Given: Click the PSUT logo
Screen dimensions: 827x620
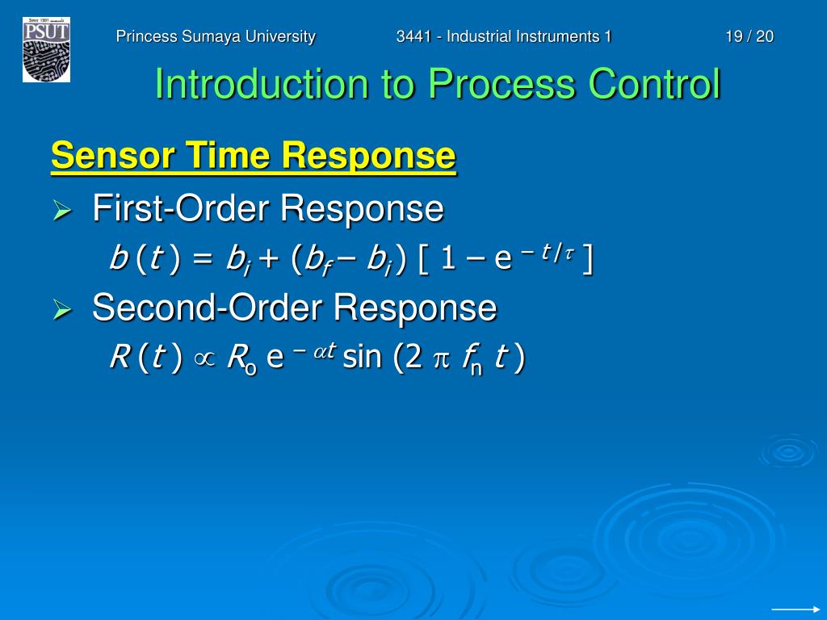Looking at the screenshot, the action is tap(46, 49).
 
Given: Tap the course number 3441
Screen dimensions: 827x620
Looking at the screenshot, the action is tap(413, 36).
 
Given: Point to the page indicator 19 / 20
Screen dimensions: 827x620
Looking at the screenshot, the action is tap(749, 36).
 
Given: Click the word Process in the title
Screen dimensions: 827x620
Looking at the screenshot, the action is tap(502, 84).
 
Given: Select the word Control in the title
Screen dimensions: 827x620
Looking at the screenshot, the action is tap(654, 84).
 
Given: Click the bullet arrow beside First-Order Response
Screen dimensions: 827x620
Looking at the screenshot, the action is tap(62, 211).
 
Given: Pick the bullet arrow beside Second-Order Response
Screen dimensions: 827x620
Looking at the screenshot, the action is tap(62, 309).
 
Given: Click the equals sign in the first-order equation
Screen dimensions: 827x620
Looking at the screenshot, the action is tap(203, 259).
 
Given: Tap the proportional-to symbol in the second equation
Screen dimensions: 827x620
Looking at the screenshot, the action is tap(204, 359).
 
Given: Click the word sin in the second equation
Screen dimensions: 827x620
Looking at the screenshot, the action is tap(362, 357).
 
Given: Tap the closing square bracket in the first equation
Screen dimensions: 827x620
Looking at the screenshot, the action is tap(588, 259).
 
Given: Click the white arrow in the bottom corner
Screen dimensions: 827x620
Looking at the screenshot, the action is tap(796, 610).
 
